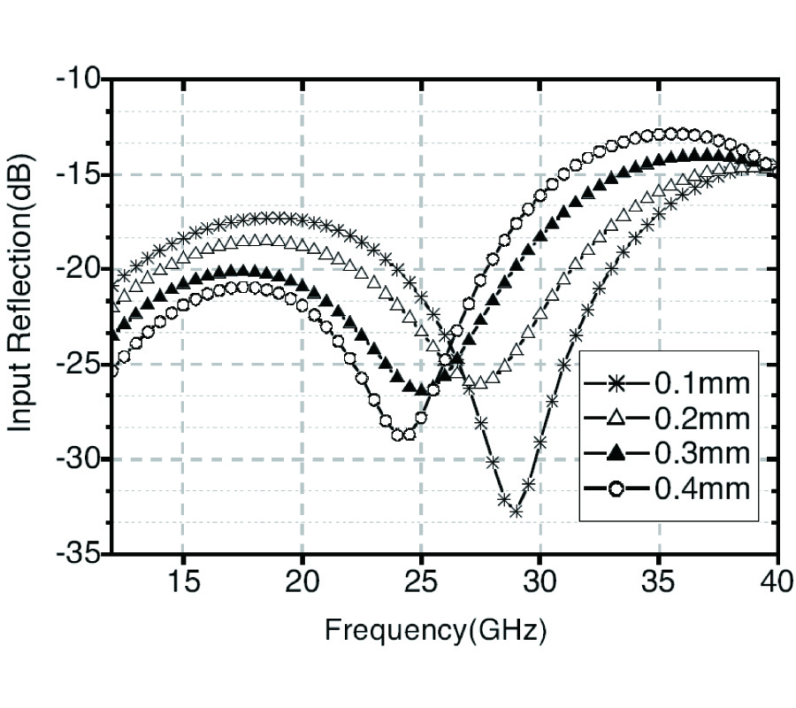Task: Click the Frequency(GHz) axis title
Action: pos(435,630)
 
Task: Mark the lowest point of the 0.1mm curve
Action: pos(516,512)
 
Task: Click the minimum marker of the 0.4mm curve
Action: pos(397,435)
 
